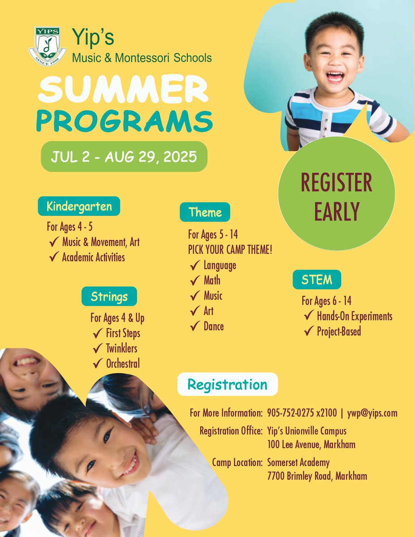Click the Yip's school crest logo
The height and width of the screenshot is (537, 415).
point(47,46)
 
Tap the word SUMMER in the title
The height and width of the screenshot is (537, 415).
point(123,89)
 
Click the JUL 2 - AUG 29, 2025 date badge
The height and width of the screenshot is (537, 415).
point(124,157)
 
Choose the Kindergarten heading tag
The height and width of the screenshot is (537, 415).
point(79,206)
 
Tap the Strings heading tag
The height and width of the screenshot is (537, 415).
point(109,296)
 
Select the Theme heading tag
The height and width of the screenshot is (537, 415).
point(205,212)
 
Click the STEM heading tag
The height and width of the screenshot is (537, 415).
point(317,280)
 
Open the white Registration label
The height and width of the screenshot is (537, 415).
point(227,384)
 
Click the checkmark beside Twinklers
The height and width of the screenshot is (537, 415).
point(98,349)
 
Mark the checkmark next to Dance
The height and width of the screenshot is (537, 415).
point(195,327)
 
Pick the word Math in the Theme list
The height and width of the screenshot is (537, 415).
point(212,281)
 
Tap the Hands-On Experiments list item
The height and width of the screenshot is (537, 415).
point(355,316)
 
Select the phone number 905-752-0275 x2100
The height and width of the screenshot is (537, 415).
point(302,413)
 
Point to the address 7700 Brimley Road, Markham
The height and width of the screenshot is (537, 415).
point(317,476)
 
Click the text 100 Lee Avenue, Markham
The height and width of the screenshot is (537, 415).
point(311,445)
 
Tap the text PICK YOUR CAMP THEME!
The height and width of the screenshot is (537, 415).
point(230,250)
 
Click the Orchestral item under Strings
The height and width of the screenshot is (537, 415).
point(123,364)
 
